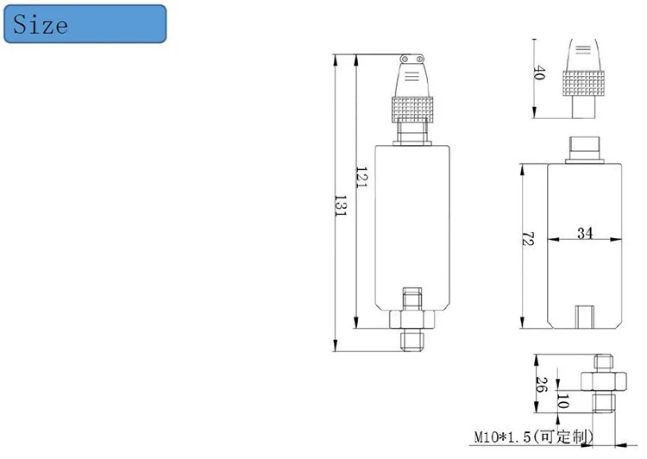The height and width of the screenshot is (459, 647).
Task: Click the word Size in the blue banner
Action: (41, 24)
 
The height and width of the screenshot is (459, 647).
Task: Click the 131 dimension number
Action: (341, 206)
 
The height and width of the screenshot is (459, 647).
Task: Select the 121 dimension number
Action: (361, 178)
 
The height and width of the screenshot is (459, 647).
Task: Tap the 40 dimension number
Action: (539, 72)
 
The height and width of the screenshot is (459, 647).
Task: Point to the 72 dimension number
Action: (528, 239)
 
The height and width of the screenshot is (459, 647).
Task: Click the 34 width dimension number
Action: (585, 233)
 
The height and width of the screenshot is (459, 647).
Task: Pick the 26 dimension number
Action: (542, 384)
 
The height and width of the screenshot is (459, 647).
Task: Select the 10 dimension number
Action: (562, 401)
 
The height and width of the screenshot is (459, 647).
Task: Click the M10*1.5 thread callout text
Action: (503, 437)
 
